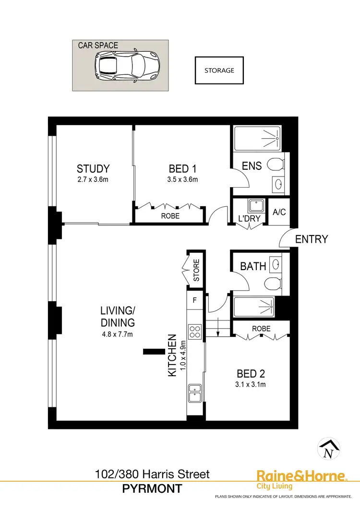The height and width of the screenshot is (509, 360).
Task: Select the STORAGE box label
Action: [219, 71]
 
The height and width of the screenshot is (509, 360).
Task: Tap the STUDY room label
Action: [93, 169]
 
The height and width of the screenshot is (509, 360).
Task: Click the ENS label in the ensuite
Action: [252, 166]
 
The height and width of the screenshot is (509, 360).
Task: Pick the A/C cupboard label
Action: [279, 212]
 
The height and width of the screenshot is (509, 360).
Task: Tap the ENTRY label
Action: [312, 239]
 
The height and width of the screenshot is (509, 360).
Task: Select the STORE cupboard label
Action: [196, 270]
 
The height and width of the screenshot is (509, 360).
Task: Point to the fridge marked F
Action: [194, 301]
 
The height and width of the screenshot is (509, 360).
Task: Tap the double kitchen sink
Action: [195, 393]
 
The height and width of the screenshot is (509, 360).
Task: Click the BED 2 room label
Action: [251, 373]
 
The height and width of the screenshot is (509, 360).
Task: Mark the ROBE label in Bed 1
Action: [170, 216]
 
